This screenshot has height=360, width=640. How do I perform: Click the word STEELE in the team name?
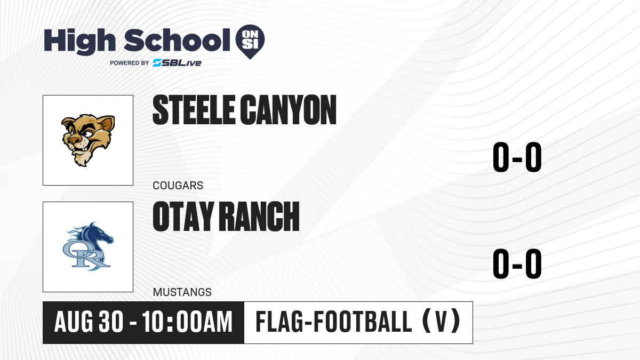(194, 110)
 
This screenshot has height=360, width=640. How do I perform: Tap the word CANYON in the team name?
(288, 110)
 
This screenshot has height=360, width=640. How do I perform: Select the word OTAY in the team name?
(183, 217)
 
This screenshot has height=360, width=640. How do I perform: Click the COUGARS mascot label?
(178, 186)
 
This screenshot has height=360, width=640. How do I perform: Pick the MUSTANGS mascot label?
(182, 292)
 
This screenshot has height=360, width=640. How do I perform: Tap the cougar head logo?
(88, 140)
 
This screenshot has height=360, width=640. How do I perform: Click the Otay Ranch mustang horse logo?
(88, 246)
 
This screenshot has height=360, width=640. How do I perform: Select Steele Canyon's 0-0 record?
(517, 157)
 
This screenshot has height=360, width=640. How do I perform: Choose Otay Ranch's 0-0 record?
(517, 263)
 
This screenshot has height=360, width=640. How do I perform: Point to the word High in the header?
(79, 41)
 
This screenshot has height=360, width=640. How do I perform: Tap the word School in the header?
(177, 39)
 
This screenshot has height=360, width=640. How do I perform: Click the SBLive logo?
(177, 63)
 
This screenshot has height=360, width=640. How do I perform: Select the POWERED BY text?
(130, 63)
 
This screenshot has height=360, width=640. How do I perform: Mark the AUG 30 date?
(89, 322)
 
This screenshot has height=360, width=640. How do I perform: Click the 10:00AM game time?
(187, 322)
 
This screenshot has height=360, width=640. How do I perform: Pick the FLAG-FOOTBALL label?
(334, 322)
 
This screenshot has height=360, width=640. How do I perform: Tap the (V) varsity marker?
(442, 322)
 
